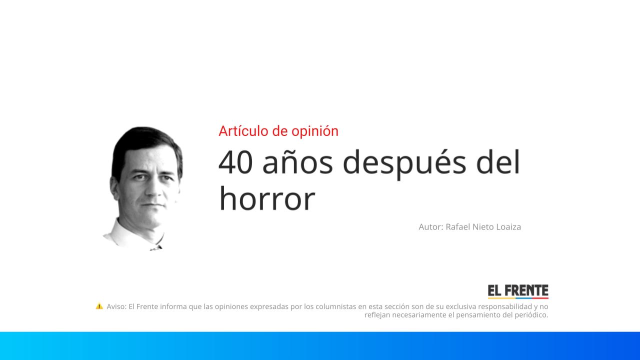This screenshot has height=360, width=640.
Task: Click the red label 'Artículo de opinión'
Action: (278, 131)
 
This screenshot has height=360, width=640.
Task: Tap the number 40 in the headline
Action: (235, 162)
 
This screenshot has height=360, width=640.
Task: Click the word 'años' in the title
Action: (297, 163)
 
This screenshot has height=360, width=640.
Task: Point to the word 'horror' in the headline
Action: (267, 199)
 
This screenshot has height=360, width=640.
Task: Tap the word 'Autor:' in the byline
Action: (431, 227)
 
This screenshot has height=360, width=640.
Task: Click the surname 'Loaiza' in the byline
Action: (508, 227)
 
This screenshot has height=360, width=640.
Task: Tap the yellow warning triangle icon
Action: (99, 306)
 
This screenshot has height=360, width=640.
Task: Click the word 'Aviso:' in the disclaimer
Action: (116, 306)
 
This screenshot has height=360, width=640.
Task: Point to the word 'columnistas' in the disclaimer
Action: (334, 306)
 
